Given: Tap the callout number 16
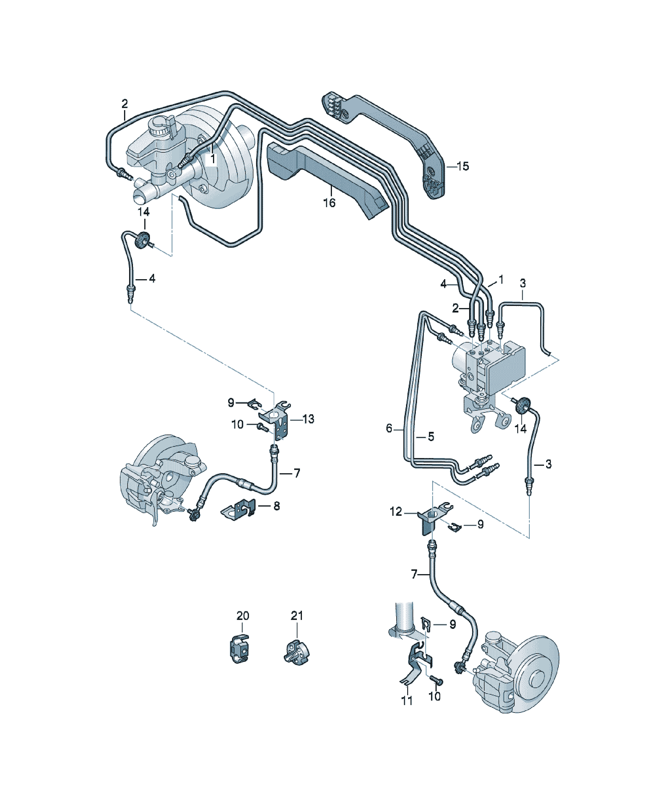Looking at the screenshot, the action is [329, 203].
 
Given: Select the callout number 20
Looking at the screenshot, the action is [243, 616].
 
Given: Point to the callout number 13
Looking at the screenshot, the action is [308, 419].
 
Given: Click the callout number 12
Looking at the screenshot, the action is [396, 511].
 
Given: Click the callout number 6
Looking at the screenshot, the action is [389, 428].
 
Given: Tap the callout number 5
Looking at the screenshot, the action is [431, 437].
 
